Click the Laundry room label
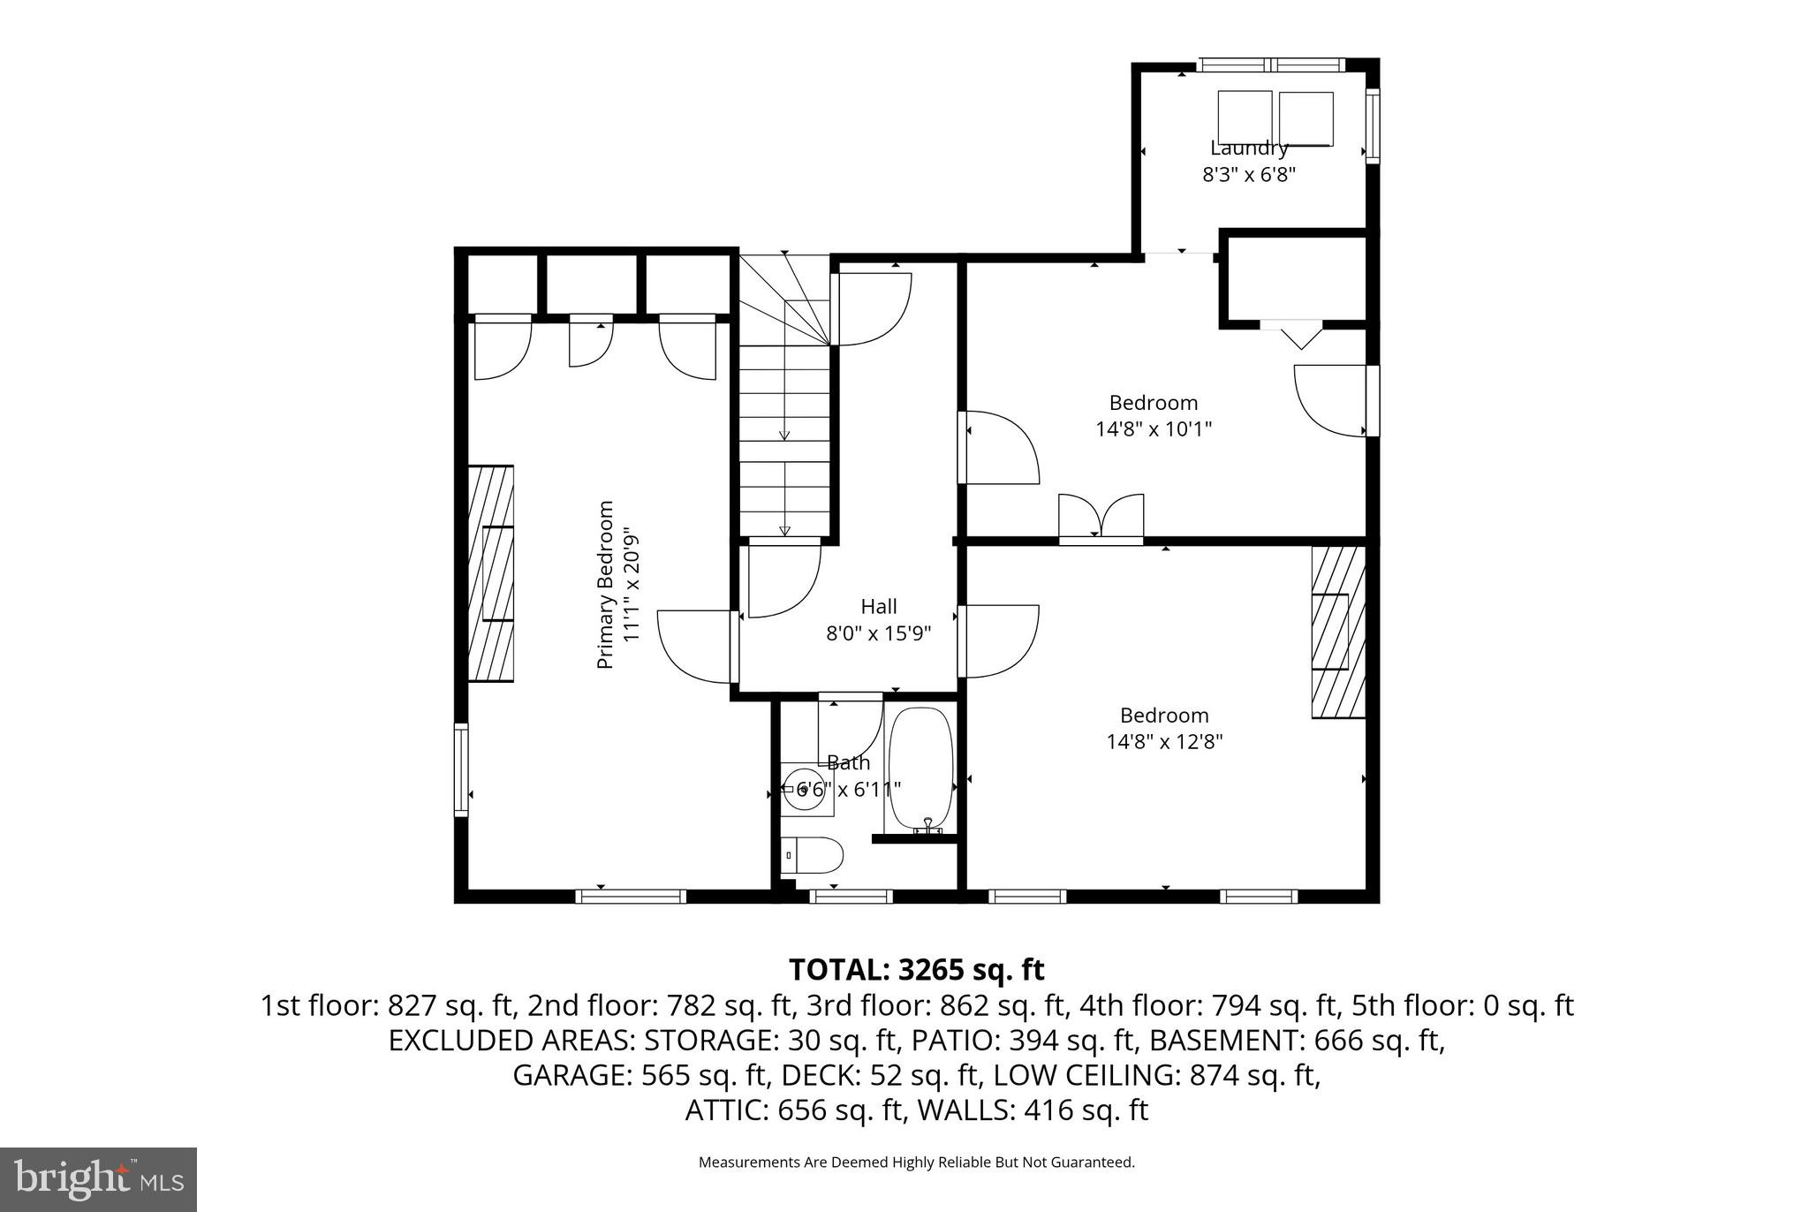point(1248,148)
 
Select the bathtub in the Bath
point(920,769)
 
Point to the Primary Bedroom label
point(605,585)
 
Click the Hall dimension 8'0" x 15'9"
point(878,633)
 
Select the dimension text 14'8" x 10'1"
point(1153,429)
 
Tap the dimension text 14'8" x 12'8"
point(1164,741)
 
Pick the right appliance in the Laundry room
point(1306,118)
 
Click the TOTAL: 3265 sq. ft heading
point(916,969)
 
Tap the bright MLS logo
point(98,1179)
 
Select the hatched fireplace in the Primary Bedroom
point(490,573)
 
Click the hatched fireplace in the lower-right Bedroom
point(1337,633)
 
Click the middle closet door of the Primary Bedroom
point(590,340)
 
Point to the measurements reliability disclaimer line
point(916,1163)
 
